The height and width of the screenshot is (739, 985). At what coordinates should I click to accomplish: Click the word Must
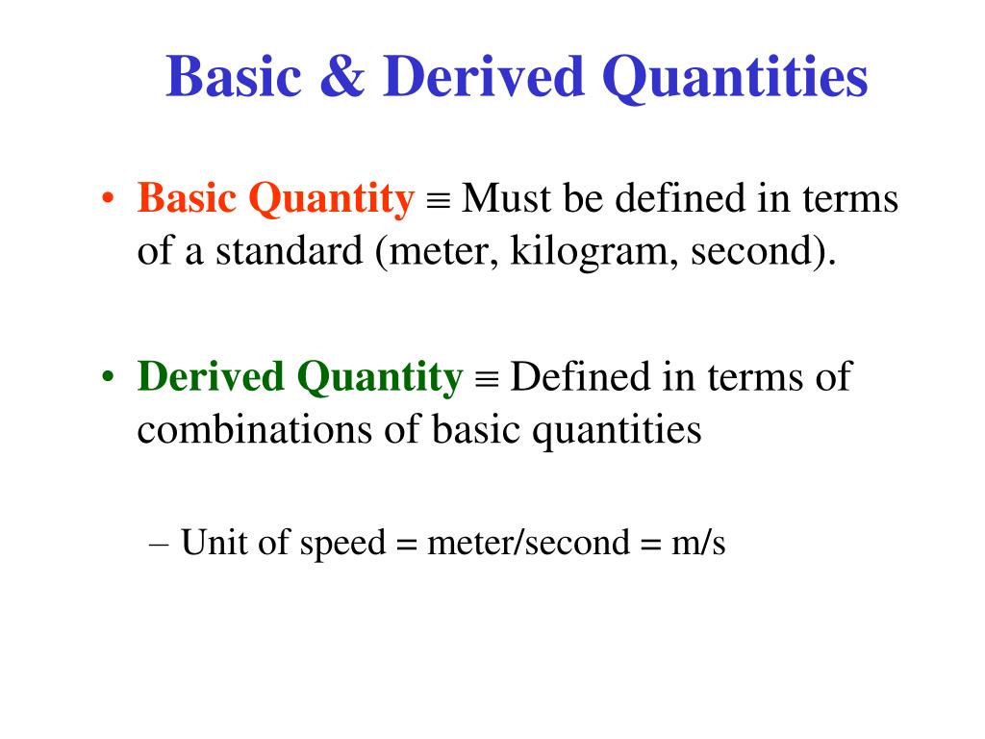coord(508,199)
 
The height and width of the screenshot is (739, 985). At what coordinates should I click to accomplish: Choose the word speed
coord(342,544)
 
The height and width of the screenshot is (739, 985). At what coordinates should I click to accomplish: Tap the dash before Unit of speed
coord(161,545)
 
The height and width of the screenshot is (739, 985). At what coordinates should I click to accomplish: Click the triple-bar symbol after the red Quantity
coord(438,202)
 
